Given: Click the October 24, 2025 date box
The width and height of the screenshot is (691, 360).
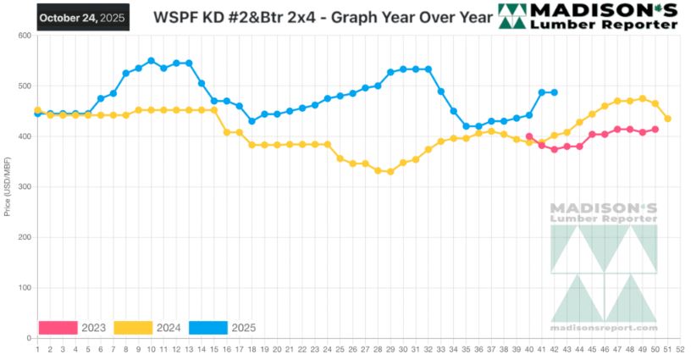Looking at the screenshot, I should coord(82,16).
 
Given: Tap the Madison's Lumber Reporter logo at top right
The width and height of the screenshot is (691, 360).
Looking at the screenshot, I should coord(588,16).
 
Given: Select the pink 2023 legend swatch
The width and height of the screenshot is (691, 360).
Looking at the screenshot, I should coord(58,328).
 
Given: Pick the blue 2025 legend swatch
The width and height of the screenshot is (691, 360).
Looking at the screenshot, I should coord(207,328).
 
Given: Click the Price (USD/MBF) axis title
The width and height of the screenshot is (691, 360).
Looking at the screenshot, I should coord(8,186).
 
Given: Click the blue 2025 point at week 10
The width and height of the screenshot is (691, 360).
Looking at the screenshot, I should coord(151,61).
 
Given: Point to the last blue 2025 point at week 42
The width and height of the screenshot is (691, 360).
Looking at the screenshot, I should coord(555,92).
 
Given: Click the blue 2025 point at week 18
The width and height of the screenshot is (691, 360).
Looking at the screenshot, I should coord(252,121).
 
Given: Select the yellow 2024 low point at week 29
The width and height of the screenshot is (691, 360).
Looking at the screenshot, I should coord(390,171).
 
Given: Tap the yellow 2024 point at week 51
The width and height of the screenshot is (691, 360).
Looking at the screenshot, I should coord(668,119).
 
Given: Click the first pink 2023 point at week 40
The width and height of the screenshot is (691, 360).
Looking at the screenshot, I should coord(529,136).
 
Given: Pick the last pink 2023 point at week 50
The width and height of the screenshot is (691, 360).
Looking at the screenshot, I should coord(655,130).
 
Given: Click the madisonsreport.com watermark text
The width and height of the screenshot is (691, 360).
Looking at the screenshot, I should coord(603,327).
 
